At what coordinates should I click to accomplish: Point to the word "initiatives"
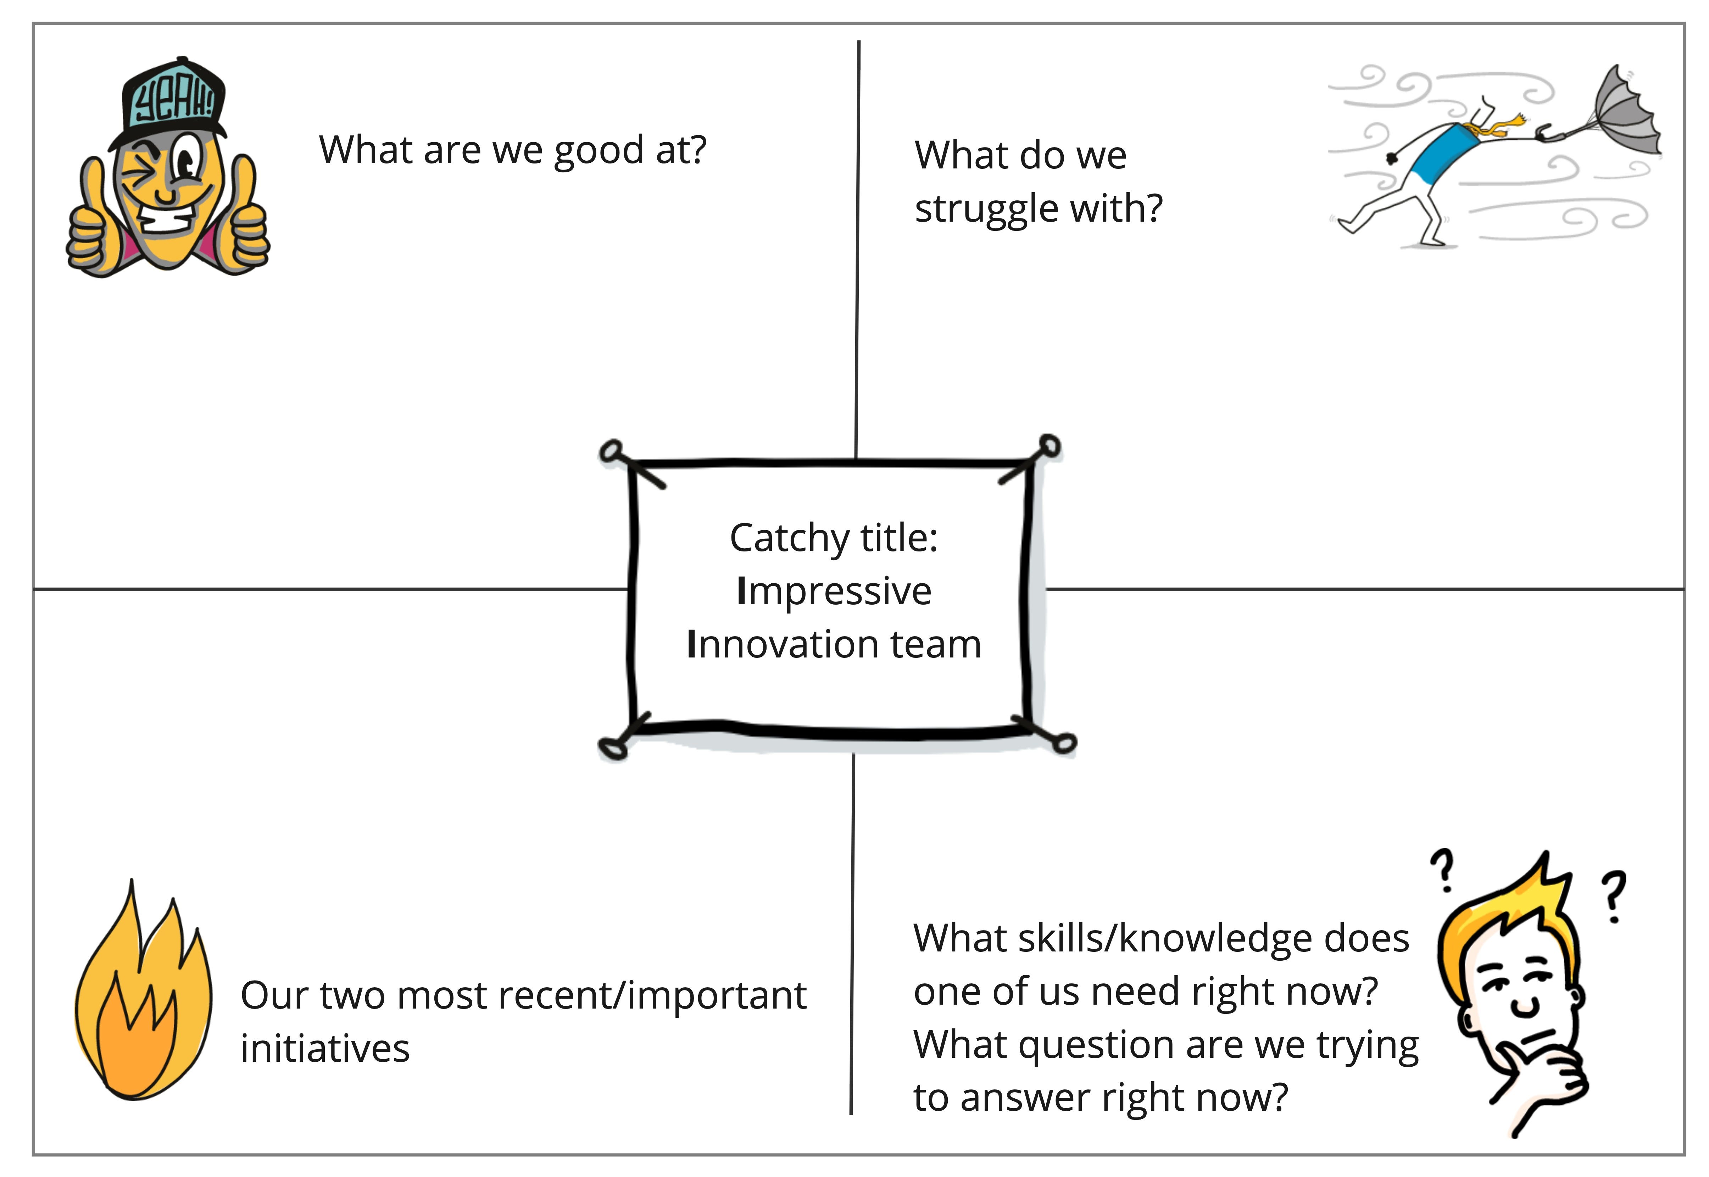point(324,1049)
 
